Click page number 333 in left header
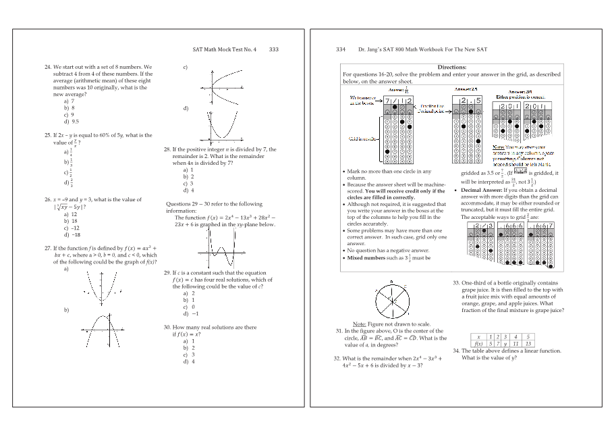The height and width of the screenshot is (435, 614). (274, 49)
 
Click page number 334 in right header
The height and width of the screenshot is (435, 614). (340, 49)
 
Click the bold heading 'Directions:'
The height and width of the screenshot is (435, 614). (452, 68)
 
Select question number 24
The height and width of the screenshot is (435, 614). (48, 68)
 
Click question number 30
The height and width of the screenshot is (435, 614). (167, 327)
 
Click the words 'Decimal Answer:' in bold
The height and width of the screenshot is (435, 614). (484, 190)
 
